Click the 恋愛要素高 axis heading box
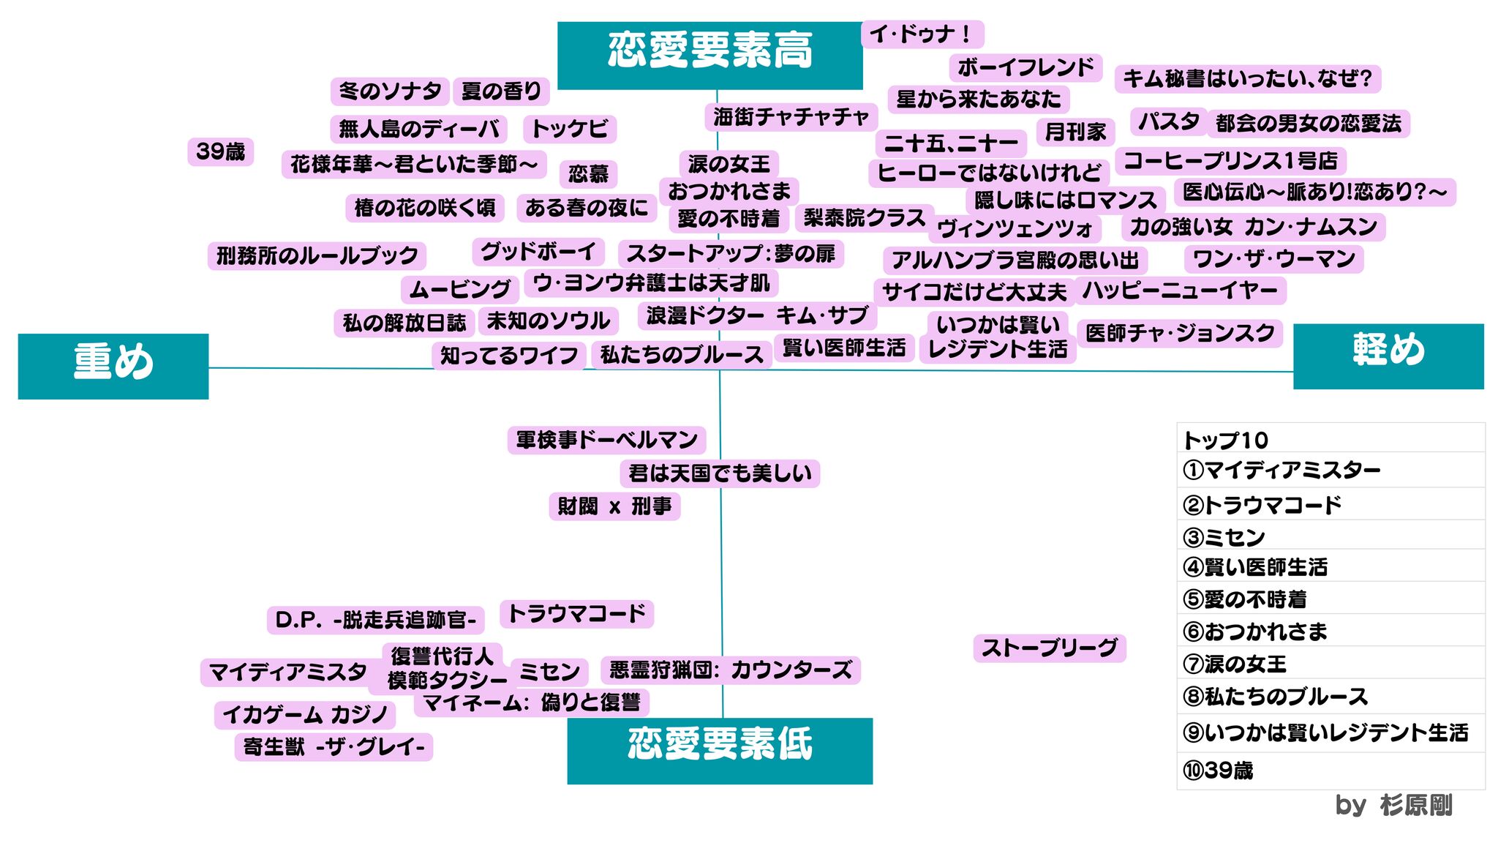(710, 55)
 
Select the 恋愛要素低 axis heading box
(720, 750)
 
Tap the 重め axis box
(113, 366)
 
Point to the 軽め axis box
(1388, 356)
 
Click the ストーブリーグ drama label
(1049, 648)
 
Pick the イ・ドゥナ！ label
(922, 34)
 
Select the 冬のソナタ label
(390, 91)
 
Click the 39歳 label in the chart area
(220, 151)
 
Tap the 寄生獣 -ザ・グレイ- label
(334, 747)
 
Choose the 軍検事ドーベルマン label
(606, 440)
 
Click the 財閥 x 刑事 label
(614, 506)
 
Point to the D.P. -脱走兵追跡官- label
(375, 620)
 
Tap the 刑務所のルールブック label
(317, 256)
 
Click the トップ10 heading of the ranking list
(1226, 440)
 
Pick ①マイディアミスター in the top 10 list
(1281, 470)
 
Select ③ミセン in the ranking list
(1224, 538)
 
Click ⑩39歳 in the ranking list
(1218, 771)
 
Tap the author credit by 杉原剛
(1393, 805)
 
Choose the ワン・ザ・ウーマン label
(1273, 259)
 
